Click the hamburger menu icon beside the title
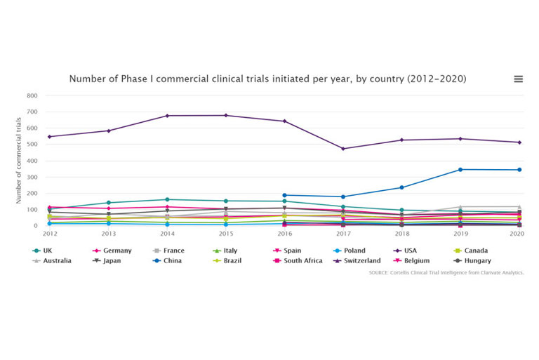[518, 79]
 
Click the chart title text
[267, 79]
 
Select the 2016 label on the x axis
[284, 233]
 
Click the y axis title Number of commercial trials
[19, 161]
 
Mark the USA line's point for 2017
[343, 149]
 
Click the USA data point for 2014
[167, 116]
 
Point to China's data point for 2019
[460, 169]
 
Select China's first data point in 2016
[284, 195]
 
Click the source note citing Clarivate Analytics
[446, 272]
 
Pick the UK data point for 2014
[167, 199]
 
